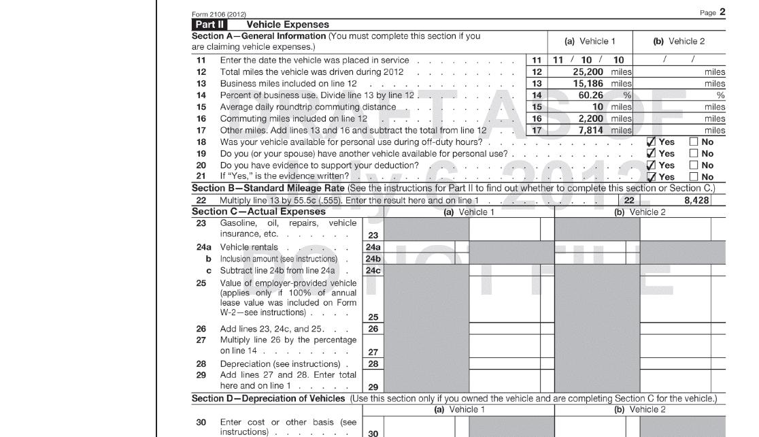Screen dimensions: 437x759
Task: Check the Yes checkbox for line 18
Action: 652,142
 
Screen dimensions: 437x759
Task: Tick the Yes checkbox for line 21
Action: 652,177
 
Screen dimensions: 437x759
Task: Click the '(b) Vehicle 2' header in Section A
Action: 679,42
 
